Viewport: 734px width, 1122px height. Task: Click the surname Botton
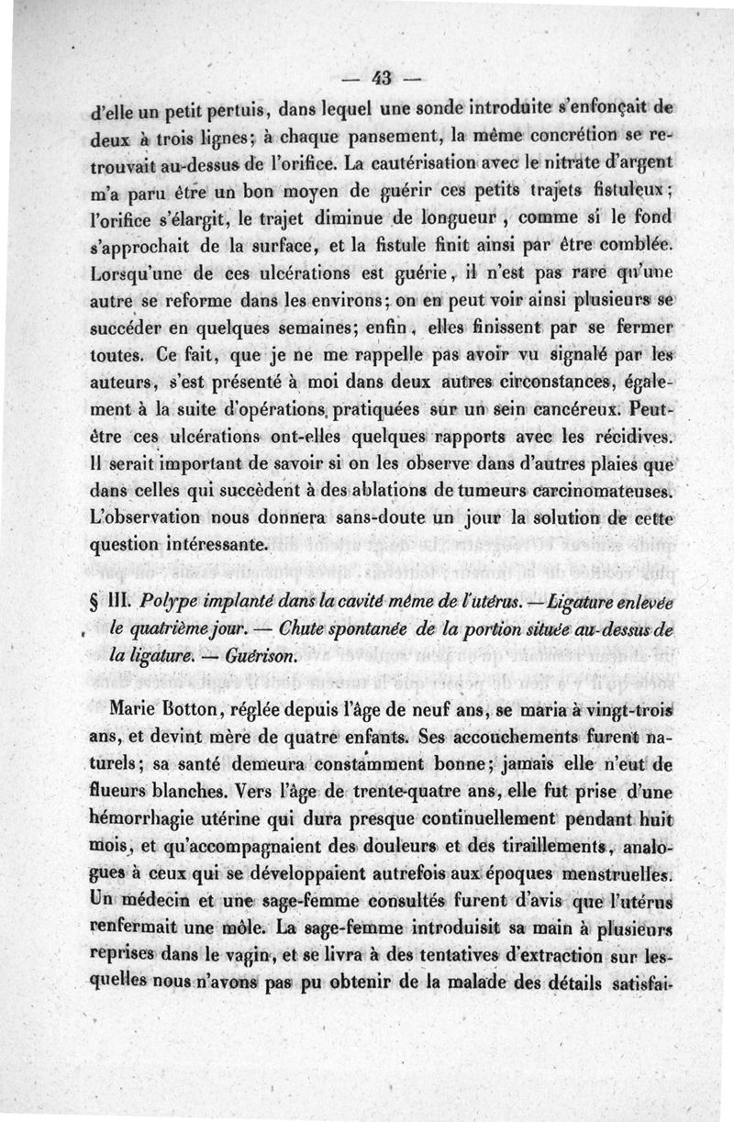click(197, 710)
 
